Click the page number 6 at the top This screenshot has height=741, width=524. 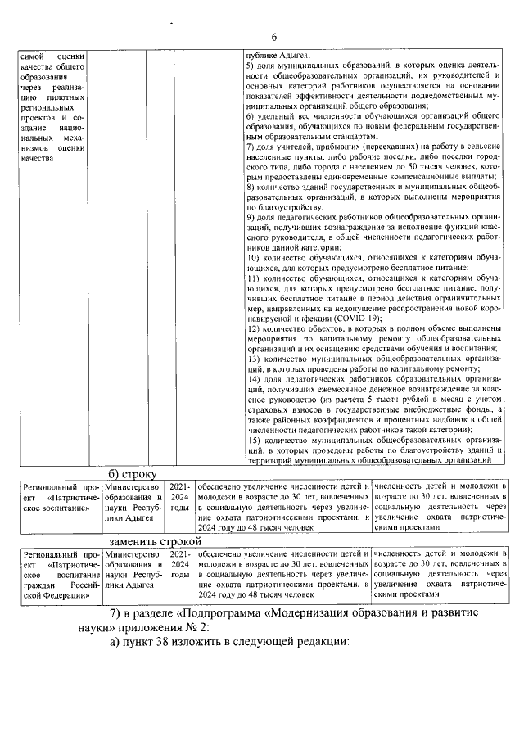click(275, 37)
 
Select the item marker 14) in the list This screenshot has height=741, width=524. click(253, 381)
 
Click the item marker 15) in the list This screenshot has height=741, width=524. click(253, 441)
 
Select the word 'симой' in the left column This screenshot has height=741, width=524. click(31, 55)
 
